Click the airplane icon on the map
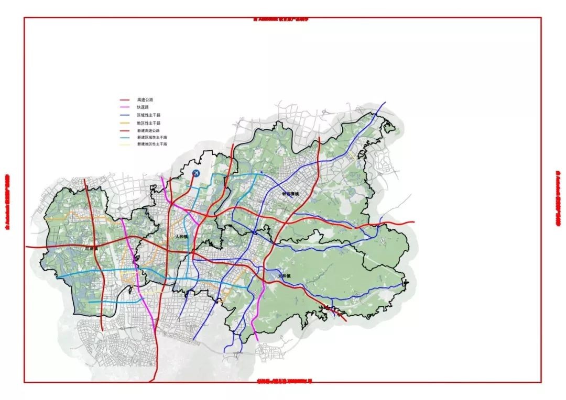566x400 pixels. click(197, 173)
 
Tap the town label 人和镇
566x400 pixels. click(182, 237)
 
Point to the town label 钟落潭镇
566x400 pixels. click(289, 194)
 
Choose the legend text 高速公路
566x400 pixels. click(145, 99)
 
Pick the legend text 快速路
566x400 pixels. click(143, 107)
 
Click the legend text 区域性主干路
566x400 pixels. click(148, 115)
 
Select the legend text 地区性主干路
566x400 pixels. click(148, 123)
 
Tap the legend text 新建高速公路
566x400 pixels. click(148, 130)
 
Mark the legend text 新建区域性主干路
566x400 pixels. click(151, 137)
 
